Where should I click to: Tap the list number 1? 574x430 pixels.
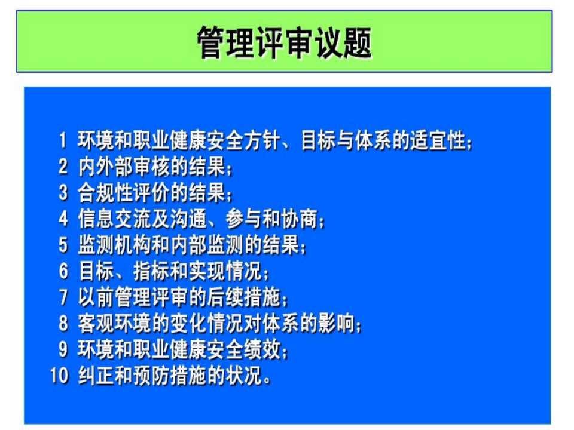point(63,140)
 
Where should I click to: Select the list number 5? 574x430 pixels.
point(63,245)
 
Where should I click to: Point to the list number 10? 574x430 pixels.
point(59,375)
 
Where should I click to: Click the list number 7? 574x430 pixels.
point(63,297)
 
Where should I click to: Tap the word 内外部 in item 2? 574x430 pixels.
point(106,167)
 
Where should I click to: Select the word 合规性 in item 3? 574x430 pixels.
point(106,193)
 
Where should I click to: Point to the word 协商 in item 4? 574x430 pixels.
point(300,219)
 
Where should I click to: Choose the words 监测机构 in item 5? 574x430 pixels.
point(115,245)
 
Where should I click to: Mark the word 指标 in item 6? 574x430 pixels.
point(151,271)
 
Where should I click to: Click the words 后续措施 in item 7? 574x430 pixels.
point(244,297)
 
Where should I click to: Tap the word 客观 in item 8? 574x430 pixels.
point(97,323)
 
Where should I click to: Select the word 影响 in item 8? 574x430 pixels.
point(337,323)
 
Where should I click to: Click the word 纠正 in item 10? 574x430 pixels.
point(97,375)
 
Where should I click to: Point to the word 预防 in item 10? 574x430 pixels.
point(151,375)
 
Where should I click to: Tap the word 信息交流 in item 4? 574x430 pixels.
point(115,219)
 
